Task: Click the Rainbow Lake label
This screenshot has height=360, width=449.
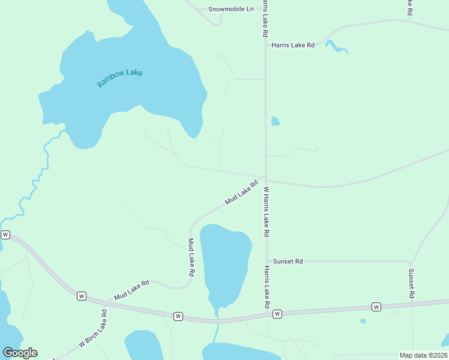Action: pyautogui.click(x=119, y=79)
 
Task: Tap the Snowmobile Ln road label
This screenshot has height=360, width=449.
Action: pyautogui.click(x=231, y=9)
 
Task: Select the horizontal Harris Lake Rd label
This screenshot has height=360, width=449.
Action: pyautogui.click(x=293, y=45)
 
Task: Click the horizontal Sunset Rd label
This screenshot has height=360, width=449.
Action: pyautogui.click(x=288, y=262)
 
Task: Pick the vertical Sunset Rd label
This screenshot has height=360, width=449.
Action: pyautogui.click(x=411, y=283)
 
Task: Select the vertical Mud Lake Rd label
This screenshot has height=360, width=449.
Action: pyautogui.click(x=191, y=257)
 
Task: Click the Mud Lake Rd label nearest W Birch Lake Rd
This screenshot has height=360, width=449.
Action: pyautogui.click(x=131, y=290)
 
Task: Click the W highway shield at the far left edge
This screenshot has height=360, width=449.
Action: pyautogui.click(x=5, y=235)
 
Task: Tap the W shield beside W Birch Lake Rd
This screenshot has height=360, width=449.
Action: pyautogui.click(x=82, y=296)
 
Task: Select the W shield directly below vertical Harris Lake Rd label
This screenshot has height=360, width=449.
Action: pyautogui.click(x=277, y=314)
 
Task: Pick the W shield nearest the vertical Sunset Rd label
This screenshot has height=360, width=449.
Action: pyautogui.click(x=376, y=307)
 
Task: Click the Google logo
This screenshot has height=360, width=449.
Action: pyautogui.click(x=20, y=353)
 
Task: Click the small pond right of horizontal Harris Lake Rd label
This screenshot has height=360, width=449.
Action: pyautogui.click(x=336, y=47)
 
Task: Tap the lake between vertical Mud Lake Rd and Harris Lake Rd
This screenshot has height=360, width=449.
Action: pyautogui.click(x=225, y=261)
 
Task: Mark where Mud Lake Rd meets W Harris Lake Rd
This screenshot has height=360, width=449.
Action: pyautogui.click(x=265, y=179)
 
